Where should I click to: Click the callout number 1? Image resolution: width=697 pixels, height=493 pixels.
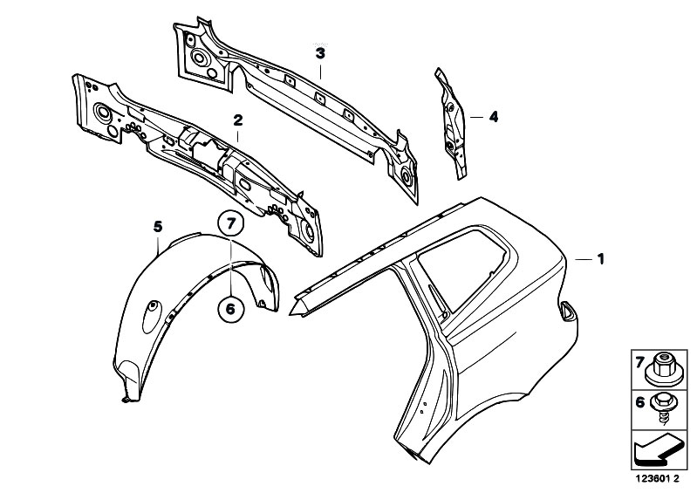[600, 259]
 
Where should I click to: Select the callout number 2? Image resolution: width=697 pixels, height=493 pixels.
[238, 120]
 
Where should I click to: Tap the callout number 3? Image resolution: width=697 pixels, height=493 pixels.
[320, 54]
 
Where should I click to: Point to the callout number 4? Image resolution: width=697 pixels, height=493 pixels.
[494, 117]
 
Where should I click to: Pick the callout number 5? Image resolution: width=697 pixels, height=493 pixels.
[158, 227]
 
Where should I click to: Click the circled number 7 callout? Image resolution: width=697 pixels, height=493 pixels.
[230, 223]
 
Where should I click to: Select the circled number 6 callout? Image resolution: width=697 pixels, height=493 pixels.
[230, 308]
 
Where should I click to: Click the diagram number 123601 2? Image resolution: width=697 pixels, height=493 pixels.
[658, 479]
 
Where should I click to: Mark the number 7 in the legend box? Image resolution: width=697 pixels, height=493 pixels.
[639, 363]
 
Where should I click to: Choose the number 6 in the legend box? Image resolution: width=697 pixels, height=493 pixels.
[639, 403]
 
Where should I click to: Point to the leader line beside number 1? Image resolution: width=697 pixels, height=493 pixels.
[584, 259]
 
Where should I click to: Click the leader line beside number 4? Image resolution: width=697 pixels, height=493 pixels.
[476, 117]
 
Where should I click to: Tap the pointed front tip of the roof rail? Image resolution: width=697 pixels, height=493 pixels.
[290, 313]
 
